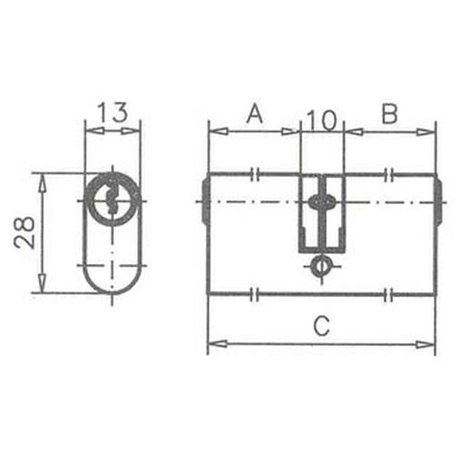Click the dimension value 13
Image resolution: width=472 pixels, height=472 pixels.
[113, 113]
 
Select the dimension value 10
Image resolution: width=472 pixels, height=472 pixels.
[321, 117]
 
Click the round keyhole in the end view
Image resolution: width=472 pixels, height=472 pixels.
[113, 199]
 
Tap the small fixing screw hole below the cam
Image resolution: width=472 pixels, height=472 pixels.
[320, 266]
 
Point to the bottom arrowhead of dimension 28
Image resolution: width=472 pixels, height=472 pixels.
[40, 286]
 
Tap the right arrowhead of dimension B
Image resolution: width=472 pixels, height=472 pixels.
[429, 132]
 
